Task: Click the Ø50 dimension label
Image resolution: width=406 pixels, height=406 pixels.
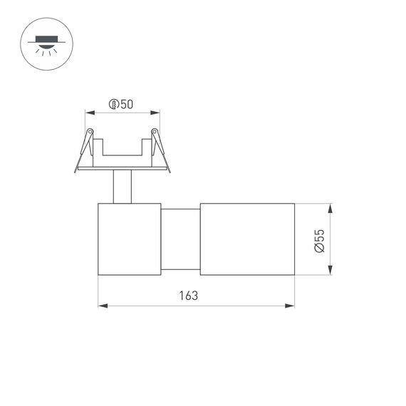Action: (x=121, y=104)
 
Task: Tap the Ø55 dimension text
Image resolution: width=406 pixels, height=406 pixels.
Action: (x=318, y=239)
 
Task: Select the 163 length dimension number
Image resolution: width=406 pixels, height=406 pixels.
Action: (x=188, y=295)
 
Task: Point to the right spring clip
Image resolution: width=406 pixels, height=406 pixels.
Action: (x=157, y=147)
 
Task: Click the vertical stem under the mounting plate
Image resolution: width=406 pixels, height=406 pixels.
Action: (x=121, y=187)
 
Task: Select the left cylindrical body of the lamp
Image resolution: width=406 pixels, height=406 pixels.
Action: (x=128, y=239)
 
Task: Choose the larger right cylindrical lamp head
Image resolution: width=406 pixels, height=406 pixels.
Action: (x=246, y=239)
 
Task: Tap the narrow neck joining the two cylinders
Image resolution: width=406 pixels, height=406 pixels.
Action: (x=180, y=239)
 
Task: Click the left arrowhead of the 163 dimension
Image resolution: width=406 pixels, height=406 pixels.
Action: (x=102, y=306)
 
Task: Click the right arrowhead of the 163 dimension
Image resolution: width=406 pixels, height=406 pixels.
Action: (x=290, y=306)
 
